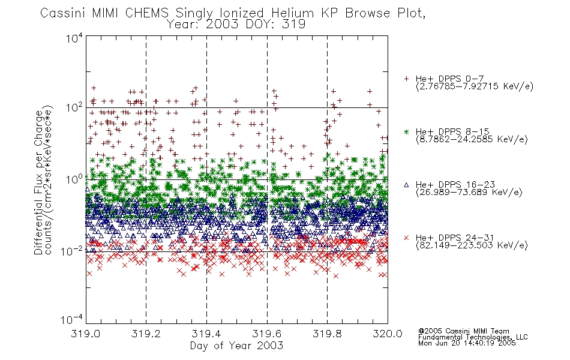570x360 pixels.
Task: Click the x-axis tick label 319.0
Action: pos(85,334)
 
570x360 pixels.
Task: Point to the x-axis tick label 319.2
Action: pos(146,334)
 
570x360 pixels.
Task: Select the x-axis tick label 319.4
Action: pos(206,334)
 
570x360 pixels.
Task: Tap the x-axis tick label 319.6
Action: pos(266,334)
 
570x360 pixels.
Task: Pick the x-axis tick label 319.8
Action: pos(327,334)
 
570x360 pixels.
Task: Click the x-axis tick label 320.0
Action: pos(388,334)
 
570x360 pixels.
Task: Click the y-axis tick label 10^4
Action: pos(74,38)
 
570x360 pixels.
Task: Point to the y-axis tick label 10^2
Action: pos(74,107)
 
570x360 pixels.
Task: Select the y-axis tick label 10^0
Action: pos(74,179)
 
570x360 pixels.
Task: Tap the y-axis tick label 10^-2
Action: pos(72,251)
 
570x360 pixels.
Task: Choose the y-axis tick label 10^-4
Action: pos(72,320)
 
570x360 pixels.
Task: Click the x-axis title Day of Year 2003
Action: pos(236,346)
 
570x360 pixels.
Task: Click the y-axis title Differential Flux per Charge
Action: pos(38,182)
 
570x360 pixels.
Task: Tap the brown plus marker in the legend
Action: pos(406,79)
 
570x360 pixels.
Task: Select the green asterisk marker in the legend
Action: pos(406,131)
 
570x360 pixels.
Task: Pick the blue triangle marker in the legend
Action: pos(406,185)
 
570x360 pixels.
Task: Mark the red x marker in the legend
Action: pos(406,238)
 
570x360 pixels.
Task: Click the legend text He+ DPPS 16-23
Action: pos(455,185)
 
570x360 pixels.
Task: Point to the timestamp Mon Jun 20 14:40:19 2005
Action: pos(467,343)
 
